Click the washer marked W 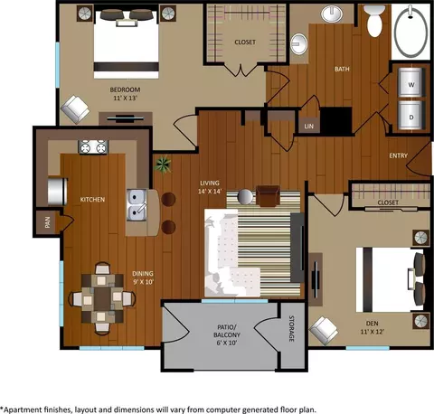tap(410, 82)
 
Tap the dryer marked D tap(410, 115)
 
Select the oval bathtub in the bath tap(410, 32)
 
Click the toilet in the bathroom tap(374, 21)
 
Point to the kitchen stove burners tap(93, 147)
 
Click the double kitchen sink tap(137, 205)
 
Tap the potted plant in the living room tap(163, 165)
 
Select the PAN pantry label tap(47, 222)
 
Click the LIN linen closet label tap(309, 127)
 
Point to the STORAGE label tap(291, 328)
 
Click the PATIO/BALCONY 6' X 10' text tap(227, 334)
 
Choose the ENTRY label tap(398, 155)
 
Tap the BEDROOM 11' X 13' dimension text tap(125, 94)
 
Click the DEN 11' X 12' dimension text tap(372, 327)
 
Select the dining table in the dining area tap(102, 298)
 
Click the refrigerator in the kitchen tap(57, 192)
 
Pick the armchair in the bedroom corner tap(75, 109)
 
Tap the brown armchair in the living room tap(268, 196)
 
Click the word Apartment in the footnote tap(24, 409)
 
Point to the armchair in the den tap(324, 331)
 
